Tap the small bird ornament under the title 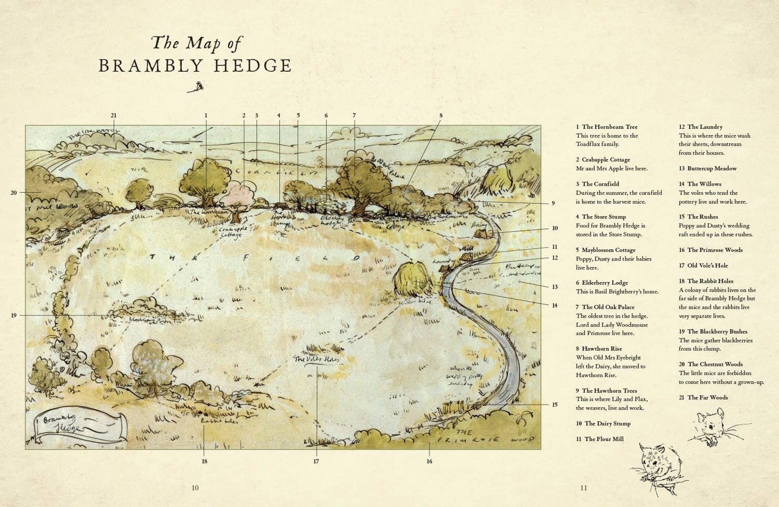(x=197, y=87)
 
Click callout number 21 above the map (x=113, y=115)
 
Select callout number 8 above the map (x=440, y=115)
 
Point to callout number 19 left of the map (x=13, y=316)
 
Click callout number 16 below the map (x=429, y=461)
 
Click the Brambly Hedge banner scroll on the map (x=79, y=424)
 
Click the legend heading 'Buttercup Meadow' (x=711, y=168)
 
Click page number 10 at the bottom (x=195, y=488)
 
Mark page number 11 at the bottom (x=583, y=488)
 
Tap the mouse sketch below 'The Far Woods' (x=714, y=427)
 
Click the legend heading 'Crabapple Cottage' (x=605, y=160)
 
